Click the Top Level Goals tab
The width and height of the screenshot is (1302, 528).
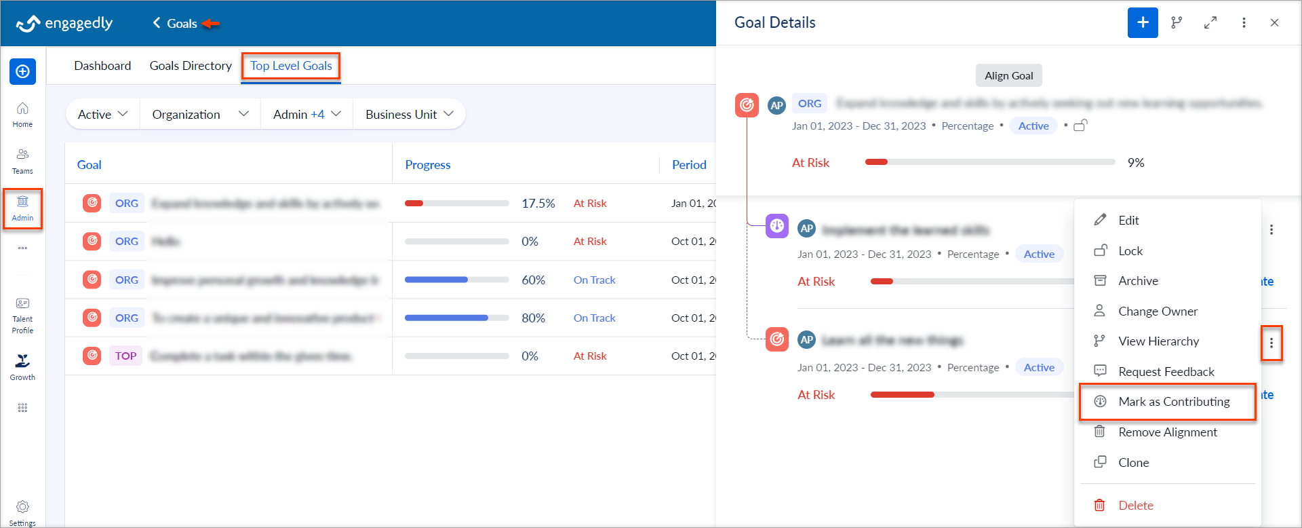(291, 66)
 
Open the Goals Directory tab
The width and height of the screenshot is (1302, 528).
(191, 66)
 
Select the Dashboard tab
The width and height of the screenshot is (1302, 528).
(102, 66)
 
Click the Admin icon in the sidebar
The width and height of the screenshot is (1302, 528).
(22, 207)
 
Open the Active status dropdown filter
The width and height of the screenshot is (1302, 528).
(102, 114)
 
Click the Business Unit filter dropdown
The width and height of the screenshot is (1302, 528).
(409, 114)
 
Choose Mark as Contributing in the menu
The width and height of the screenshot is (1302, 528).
(1173, 402)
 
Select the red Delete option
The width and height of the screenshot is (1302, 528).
(1135, 505)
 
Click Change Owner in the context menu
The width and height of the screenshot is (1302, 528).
(1157, 311)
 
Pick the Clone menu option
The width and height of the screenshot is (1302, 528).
(1133, 462)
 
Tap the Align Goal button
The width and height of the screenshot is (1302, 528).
(1008, 75)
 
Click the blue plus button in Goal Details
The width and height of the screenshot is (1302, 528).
(1143, 22)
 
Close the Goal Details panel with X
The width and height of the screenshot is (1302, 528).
(1274, 22)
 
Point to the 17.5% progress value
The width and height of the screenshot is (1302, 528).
(538, 203)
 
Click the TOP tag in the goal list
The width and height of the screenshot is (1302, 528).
(125, 356)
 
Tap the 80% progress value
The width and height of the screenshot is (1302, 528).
(533, 318)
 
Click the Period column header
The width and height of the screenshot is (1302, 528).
(688, 164)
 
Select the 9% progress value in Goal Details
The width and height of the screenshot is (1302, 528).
(1135, 162)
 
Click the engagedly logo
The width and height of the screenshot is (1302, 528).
(64, 23)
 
